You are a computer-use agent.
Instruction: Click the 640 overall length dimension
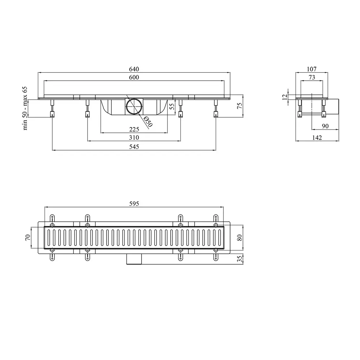(x=134, y=69)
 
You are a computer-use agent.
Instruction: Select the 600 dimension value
(x=134, y=77)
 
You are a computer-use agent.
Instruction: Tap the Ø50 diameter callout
(x=148, y=122)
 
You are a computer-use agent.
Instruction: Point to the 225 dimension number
(x=134, y=129)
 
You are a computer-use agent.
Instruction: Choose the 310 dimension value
(x=134, y=138)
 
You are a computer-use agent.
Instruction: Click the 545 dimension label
(x=134, y=147)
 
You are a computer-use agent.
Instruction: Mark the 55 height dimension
(x=172, y=106)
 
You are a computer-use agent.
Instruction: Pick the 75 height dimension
(x=239, y=106)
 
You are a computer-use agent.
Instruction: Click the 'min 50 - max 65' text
(x=25, y=108)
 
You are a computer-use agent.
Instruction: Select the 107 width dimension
(x=311, y=69)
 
